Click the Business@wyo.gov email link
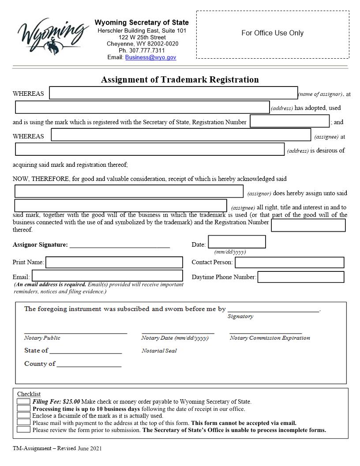coord(150,57)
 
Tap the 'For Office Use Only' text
coord(272,33)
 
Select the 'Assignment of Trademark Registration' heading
coord(180,80)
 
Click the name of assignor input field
coord(173,93)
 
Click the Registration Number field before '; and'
coord(289,121)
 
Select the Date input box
coord(236,242)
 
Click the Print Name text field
coord(114,263)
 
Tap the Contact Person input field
coord(289,263)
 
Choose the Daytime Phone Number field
coord(300,277)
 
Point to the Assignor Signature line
coord(120,245)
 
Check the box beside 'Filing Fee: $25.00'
coord(23,402)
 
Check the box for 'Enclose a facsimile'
coord(23,415)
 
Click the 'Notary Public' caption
coord(42,338)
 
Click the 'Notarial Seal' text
coord(159,351)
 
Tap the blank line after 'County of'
coord(89,364)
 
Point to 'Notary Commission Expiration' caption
coord(270,338)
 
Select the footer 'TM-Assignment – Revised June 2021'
coord(57,448)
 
